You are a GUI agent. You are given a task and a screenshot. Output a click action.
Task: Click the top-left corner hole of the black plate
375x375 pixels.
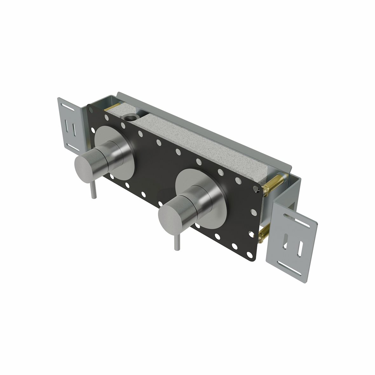(x=91, y=110)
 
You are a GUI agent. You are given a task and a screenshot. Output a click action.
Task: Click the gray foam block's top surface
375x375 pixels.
(x=203, y=143)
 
